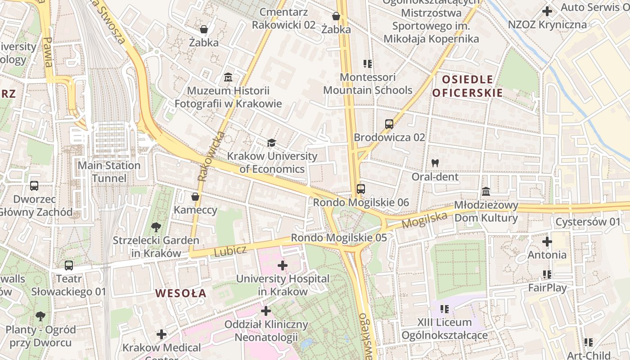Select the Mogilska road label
point(424,220)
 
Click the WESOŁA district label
point(181,293)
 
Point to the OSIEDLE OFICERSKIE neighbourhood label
point(467,86)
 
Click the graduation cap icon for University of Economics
point(271,143)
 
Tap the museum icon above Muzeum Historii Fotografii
point(228,77)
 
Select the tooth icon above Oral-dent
point(435,163)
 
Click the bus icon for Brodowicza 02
point(389,124)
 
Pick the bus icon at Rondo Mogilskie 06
point(360,189)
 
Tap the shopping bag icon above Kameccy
point(195,197)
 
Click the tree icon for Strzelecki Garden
point(156,227)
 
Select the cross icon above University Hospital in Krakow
point(283,265)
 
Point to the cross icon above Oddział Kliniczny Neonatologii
point(266,310)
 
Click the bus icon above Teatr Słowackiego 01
point(68,265)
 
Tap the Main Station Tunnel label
point(109,172)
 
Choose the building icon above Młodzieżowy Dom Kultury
point(486,192)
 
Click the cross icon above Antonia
point(547,242)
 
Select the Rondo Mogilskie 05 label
point(338,238)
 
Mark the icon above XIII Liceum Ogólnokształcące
point(445,309)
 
